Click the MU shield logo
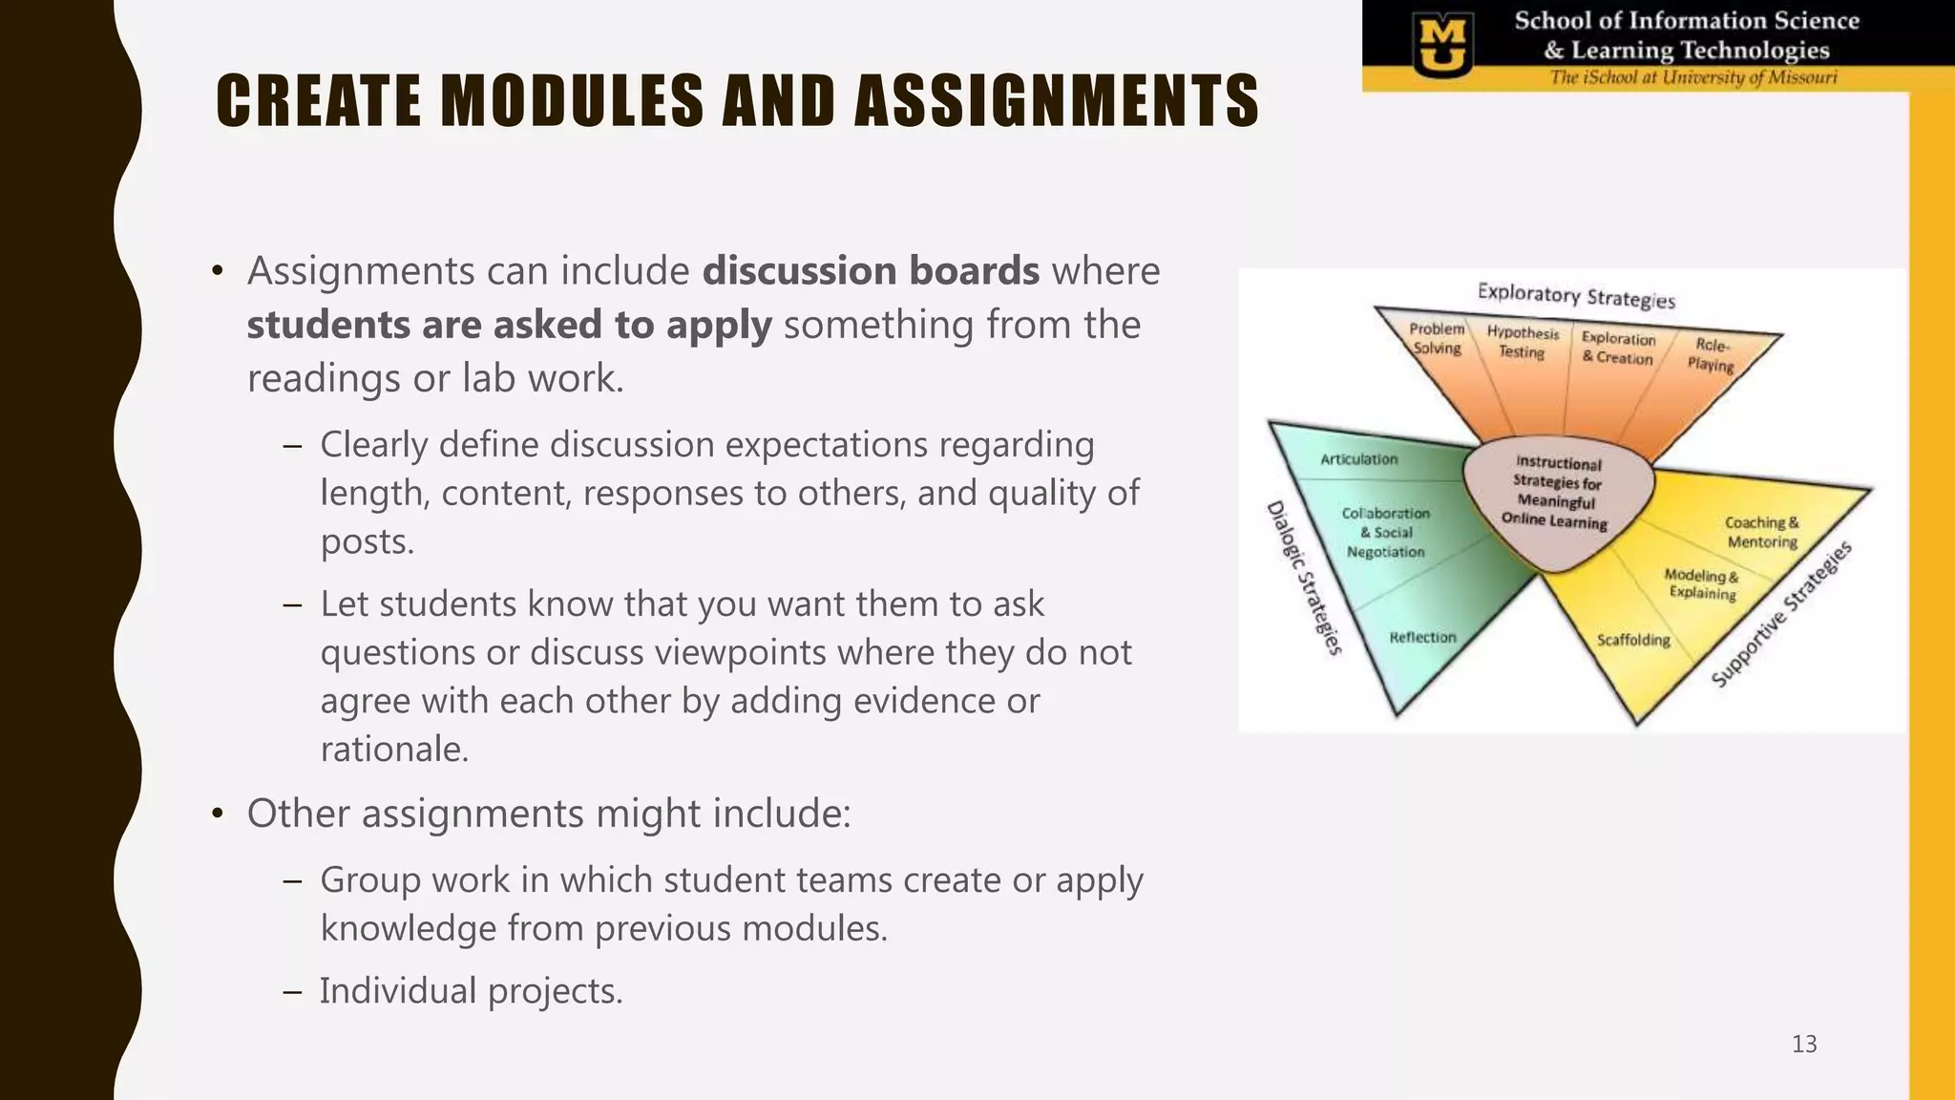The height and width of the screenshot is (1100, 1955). (1441, 46)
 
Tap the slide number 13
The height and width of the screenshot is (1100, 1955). (1803, 1044)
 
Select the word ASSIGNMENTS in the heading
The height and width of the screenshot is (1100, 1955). (1057, 101)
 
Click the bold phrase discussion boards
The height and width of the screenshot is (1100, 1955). (871, 271)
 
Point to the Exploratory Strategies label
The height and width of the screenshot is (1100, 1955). (1576, 295)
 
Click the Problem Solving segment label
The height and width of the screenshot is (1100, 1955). (1437, 339)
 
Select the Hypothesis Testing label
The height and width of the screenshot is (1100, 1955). (1523, 342)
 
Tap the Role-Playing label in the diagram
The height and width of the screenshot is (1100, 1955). (1711, 354)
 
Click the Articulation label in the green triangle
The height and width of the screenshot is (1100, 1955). (1358, 459)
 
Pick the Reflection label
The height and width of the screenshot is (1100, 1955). (1422, 637)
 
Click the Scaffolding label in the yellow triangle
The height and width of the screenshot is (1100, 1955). (1633, 640)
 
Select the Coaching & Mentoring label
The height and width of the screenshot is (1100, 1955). (1762, 532)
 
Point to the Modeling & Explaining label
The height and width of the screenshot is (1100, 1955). (1701, 583)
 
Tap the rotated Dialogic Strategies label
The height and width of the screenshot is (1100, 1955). (1304, 579)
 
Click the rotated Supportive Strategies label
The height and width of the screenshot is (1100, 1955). (1781, 614)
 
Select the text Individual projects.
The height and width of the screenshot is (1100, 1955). (471, 991)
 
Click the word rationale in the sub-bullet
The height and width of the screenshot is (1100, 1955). (394, 750)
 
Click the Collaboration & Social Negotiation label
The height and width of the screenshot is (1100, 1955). (1385, 533)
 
